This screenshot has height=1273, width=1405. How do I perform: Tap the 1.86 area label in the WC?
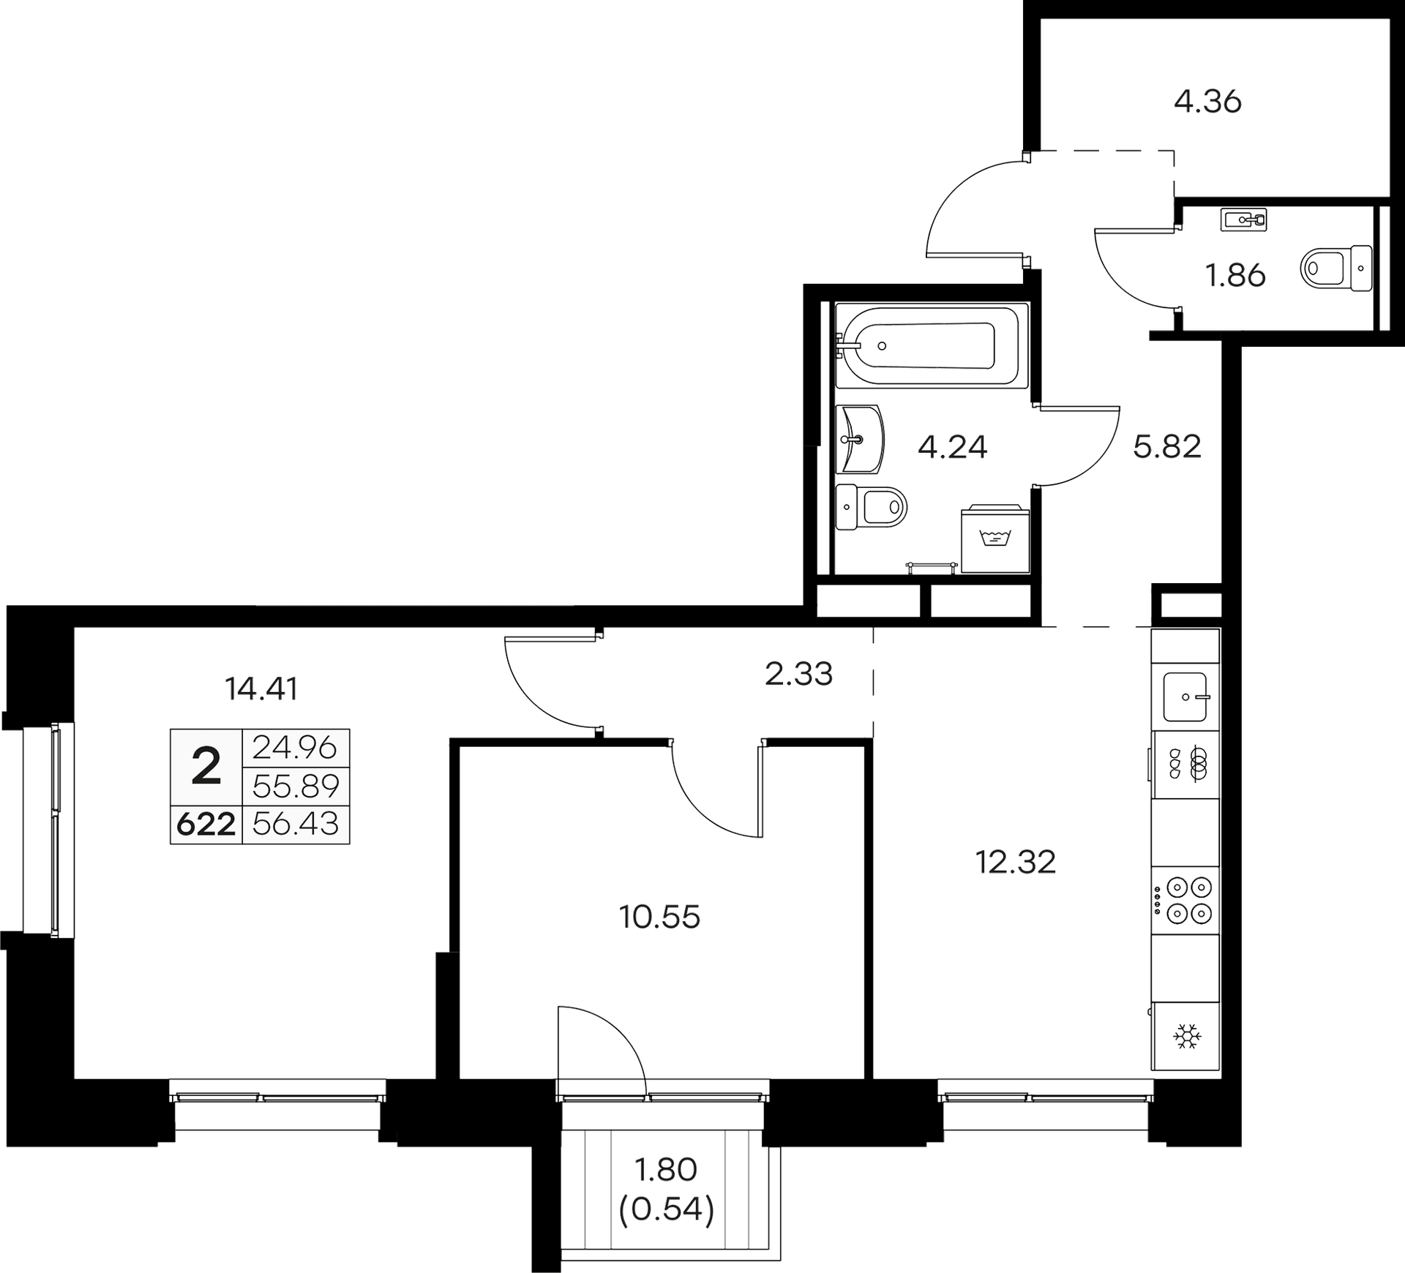pyautogui.click(x=1236, y=277)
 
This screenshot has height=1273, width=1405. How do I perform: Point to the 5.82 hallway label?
pyautogui.click(x=1167, y=446)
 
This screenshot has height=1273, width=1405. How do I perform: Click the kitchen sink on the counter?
pyautogui.click(x=1186, y=696)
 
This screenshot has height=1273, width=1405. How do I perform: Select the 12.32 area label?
pyautogui.click(x=1015, y=862)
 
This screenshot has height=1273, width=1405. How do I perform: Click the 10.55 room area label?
pyautogui.click(x=660, y=916)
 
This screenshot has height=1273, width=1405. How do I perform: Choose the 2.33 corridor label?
pyautogui.click(x=798, y=674)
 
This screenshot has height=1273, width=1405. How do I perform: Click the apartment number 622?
pyautogui.click(x=206, y=825)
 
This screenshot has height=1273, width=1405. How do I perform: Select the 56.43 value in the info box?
pyautogui.click(x=296, y=825)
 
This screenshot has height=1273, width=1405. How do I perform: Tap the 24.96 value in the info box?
pyautogui.click(x=295, y=748)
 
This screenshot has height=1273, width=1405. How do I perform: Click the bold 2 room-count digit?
pyautogui.click(x=206, y=767)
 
